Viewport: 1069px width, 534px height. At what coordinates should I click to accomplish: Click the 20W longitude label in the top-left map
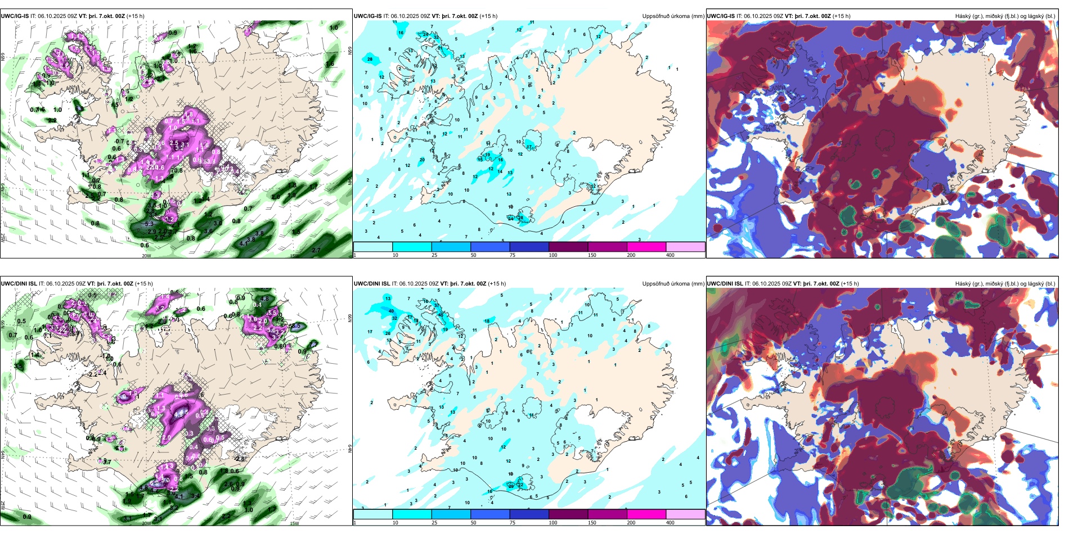tap(146, 256)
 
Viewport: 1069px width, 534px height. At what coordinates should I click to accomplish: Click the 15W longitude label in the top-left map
tap(294, 256)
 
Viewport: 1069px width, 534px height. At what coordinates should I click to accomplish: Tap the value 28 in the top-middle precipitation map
tap(370, 59)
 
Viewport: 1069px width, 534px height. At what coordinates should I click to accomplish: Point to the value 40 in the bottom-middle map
tap(391, 311)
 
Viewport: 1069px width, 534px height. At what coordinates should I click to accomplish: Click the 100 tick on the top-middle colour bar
tap(553, 255)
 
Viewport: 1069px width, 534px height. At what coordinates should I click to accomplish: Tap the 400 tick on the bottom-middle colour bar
tap(670, 523)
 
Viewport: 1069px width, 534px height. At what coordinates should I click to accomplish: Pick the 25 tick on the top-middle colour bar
tap(434, 255)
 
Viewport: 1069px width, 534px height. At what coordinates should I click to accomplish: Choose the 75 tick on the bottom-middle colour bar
tap(513, 523)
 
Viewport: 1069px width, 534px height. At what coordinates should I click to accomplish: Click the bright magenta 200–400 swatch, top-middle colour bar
tap(646, 247)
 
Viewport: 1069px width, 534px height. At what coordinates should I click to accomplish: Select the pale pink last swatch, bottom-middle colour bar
tap(685, 514)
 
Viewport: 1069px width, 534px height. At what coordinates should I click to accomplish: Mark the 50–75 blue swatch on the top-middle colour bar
tap(490, 247)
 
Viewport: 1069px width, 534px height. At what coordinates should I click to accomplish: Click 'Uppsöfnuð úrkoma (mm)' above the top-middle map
tap(673, 16)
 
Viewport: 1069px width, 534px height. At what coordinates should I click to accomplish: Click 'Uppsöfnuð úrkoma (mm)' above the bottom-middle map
tap(673, 284)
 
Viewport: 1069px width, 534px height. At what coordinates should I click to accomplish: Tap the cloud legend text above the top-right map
tap(1005, 16)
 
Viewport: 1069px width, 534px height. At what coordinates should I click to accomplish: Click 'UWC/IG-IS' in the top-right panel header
tap(721, 16)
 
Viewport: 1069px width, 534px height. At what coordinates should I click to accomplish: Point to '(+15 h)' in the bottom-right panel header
tap(850, 284)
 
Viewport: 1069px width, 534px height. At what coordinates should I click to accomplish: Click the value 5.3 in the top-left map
tap(149, 224)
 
